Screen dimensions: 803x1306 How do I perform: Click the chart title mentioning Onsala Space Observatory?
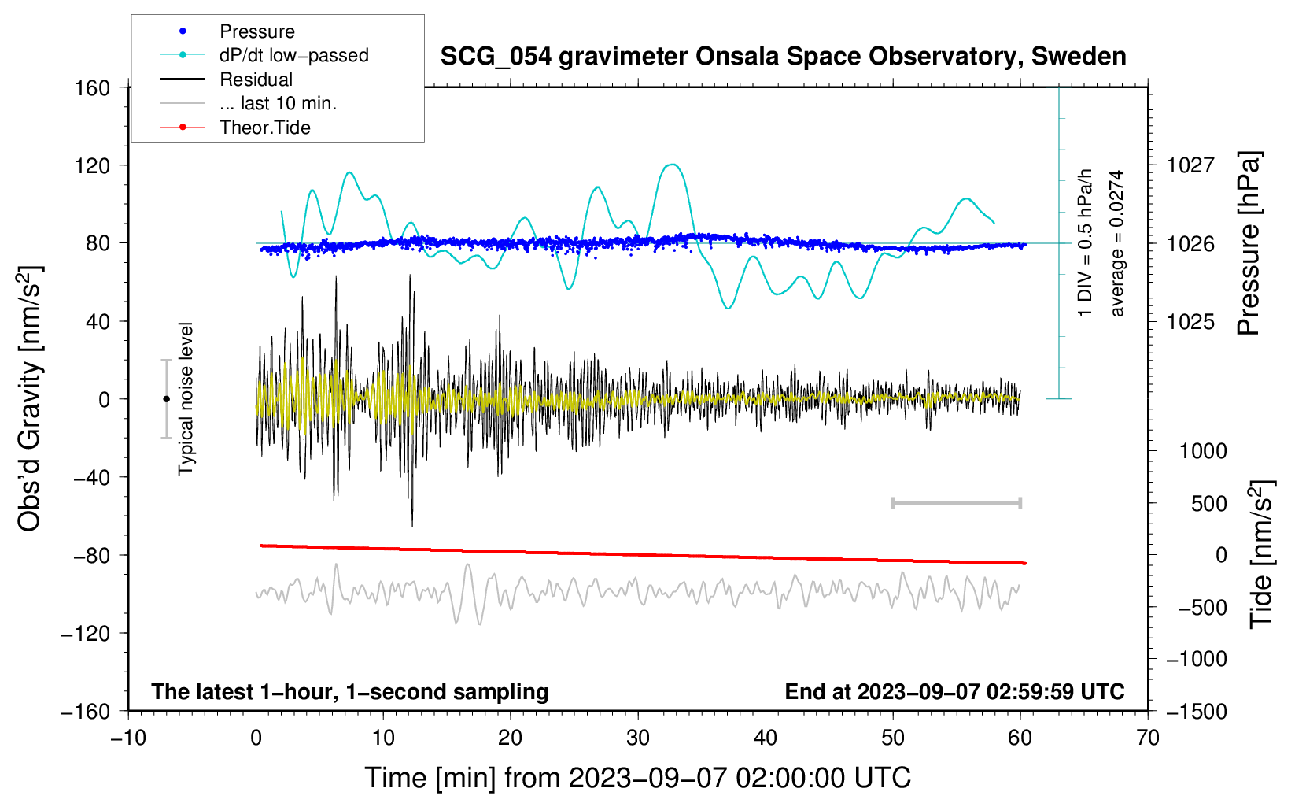[x=783, y=57]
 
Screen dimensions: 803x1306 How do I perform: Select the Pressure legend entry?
[x=256, y=31]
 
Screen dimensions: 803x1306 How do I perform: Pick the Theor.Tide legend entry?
[x=264, y=128]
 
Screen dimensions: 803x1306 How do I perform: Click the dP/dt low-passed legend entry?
[x=293, y=55]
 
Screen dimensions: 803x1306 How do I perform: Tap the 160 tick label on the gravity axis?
[x=93, y=87]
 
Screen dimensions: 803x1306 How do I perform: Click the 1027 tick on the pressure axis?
[x=1190, y=165]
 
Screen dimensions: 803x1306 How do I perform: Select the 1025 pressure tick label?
[x=1190, y=321]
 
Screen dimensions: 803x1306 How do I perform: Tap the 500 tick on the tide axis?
[x=1208, y=503]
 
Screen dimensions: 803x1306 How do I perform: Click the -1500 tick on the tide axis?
[x=1196, y=711]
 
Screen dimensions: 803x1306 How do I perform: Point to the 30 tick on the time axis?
[x=638, y=738]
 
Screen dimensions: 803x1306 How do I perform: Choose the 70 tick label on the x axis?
[x=1148, y=738]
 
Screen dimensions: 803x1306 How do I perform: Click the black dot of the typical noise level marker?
[x=166, y=399]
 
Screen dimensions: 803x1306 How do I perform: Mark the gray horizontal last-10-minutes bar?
[x=956, y=502]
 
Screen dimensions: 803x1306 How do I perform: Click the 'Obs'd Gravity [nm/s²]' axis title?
[x=30, y=398]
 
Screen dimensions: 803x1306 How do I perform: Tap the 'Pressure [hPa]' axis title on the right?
[x=1249, y=243]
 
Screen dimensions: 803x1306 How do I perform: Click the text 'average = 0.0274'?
[x=1116, y=243]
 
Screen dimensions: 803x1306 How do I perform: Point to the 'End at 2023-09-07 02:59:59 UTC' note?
[x=954, y=691]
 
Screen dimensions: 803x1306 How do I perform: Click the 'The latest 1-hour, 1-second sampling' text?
[x=349, y=691]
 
